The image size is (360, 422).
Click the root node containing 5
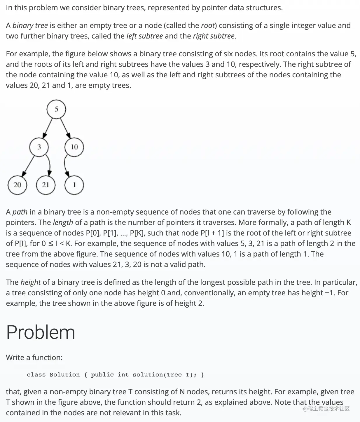[x=56, y=109]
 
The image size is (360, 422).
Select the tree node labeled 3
[x=39, y=147]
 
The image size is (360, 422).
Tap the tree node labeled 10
[x=74, y=147]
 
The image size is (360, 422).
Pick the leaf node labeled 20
[x=17, y=185]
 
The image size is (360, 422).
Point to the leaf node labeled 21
[x=46, y=185]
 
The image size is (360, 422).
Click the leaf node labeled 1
[x=74, y=185]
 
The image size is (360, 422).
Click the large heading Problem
[x=41, y=332]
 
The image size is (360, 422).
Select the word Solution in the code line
[x=64, y=375]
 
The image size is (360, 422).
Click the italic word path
[x=20, y=212]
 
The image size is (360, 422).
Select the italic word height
[x=31, y=282]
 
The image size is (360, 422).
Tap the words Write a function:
[x=34, y=358]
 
